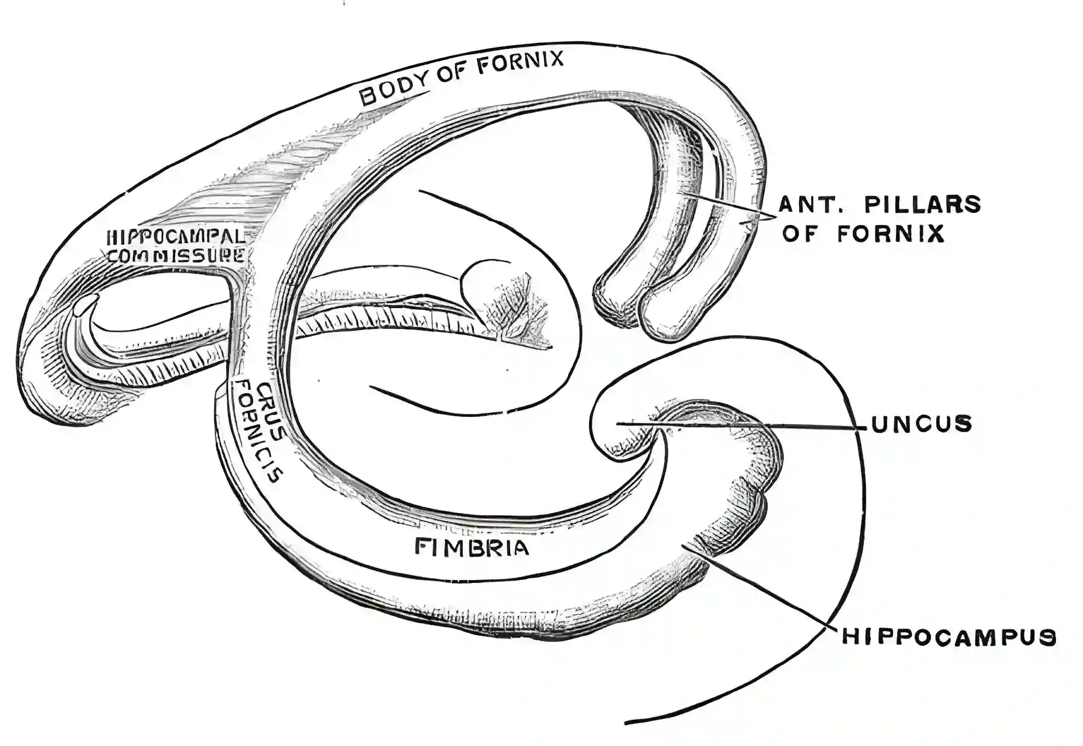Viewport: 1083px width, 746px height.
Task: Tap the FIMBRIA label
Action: (472, 547)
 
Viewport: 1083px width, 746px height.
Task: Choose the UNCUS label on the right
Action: (921, 424)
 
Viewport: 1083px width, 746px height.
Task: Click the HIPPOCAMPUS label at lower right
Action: (949, 637)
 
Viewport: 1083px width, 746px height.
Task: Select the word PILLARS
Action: (922, 205)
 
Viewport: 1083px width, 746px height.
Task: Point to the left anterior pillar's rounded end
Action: (614, 301)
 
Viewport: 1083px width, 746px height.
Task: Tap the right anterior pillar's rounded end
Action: (665, 319)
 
